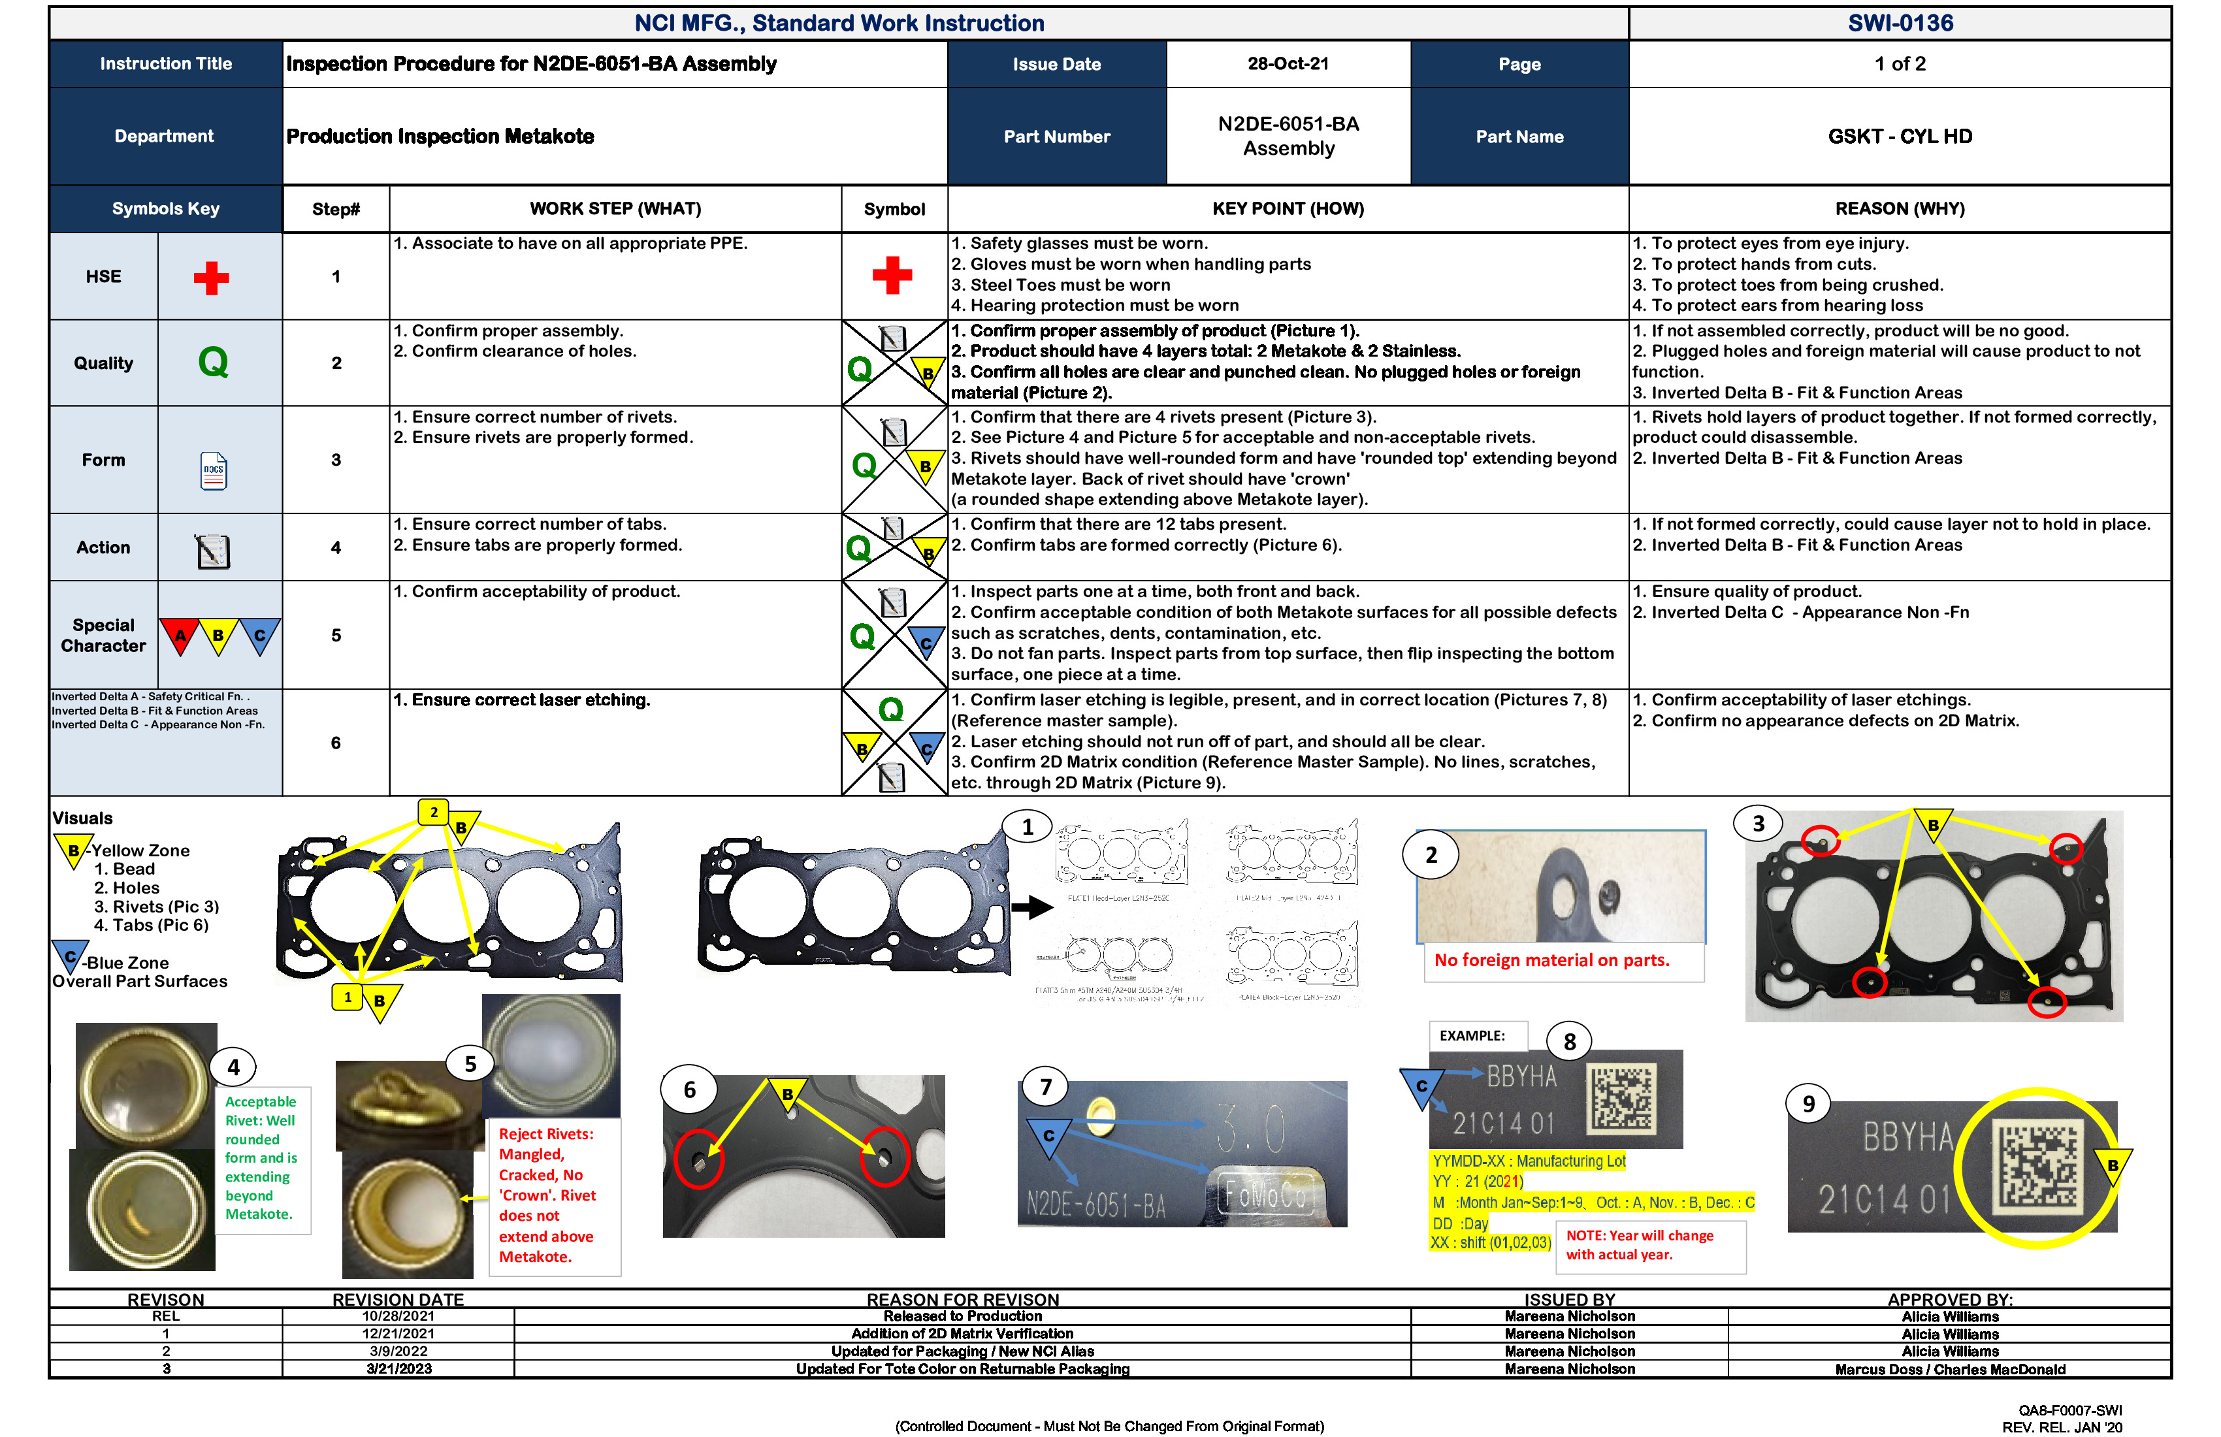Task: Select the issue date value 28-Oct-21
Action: coord(1288,63)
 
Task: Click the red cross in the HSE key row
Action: coord(211,277)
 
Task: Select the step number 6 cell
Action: coord(336,743)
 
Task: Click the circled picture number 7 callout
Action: coord(1045,1087)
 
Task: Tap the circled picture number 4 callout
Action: coord(233,1067)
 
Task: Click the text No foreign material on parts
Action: coord(1551,960)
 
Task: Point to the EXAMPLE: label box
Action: coord(1472,1036)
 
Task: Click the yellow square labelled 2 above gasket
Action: coord(434,812)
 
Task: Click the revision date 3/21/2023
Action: coord(398,1369)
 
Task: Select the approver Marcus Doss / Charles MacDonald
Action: coord(1949,1370)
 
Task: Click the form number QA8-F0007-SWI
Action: coord(2070,1411)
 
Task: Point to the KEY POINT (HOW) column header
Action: coord(1288,209)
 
